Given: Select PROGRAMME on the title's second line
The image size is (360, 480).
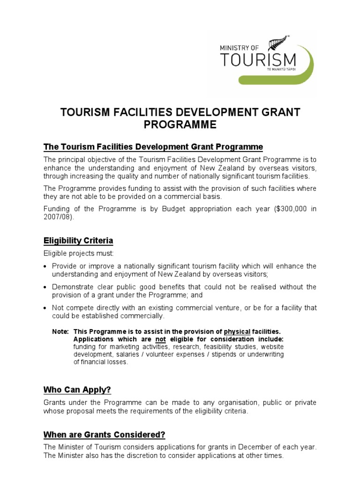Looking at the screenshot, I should click(180, 125).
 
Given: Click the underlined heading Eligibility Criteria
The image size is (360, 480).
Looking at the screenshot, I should click(78, 241).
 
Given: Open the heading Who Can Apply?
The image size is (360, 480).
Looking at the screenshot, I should click(77, 390).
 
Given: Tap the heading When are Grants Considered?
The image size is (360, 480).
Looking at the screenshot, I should click(104, 434).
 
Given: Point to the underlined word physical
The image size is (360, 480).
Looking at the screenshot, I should click(237, 331).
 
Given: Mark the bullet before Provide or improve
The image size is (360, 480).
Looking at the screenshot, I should click(45, 267).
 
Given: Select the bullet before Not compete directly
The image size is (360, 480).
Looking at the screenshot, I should click(45, 308).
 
